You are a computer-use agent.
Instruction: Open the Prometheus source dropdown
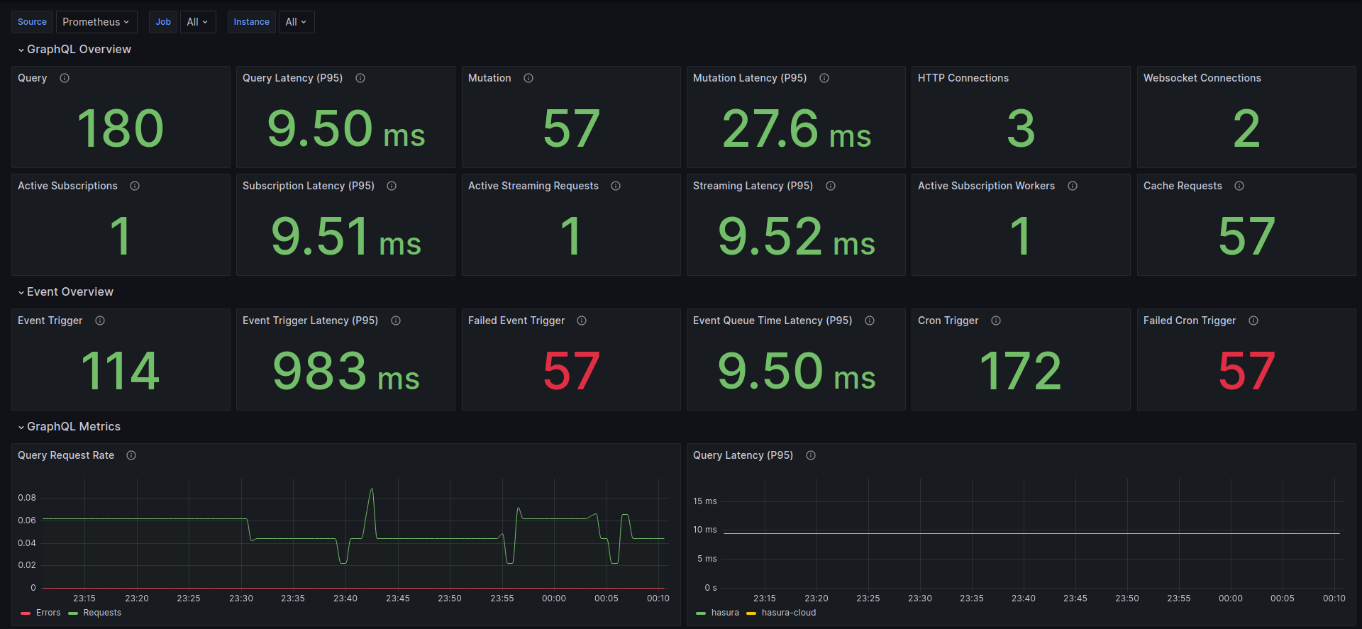pos(96,22)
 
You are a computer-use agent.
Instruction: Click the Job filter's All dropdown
pos(197,22)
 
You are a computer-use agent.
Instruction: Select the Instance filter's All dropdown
pos(296,22)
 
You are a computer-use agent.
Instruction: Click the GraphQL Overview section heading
pos(79,49)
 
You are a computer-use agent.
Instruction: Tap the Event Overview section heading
pos(70,291)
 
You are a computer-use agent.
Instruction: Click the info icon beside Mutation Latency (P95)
pos(824,78)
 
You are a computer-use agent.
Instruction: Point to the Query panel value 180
pos(121,128)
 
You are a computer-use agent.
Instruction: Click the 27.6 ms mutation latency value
pos(796,129)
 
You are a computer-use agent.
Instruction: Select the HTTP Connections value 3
pos(1021,129)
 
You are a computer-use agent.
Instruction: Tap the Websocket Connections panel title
pos(1202,78)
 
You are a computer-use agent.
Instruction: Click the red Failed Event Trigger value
pos(571,371)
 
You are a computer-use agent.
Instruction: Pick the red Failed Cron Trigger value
pos(1246,371)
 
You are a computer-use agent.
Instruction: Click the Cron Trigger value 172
pos(1021,371)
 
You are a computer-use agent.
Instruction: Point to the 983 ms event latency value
pos(345,371)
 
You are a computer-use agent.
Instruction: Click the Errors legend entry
pos(41,613)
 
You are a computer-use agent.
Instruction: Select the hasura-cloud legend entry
pos(781,613)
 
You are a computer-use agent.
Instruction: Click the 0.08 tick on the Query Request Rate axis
pos(27,498)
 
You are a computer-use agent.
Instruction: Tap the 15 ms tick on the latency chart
pos(705,501)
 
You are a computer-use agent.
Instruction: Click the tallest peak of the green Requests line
pos(371,489)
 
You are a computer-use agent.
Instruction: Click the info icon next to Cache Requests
pos(1239,186)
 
